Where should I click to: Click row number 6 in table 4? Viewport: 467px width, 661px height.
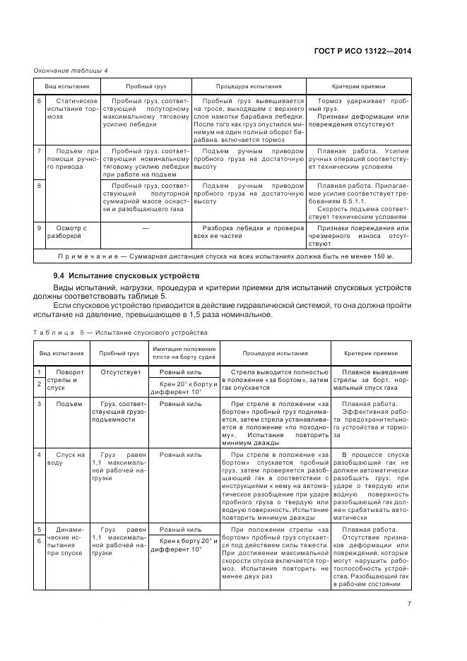click(40, 102)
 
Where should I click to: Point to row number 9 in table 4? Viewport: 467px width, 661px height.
click(40, 227)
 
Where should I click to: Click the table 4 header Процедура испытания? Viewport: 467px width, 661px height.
click(249, 86)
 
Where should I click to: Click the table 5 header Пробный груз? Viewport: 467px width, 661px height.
click(119, 353)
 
